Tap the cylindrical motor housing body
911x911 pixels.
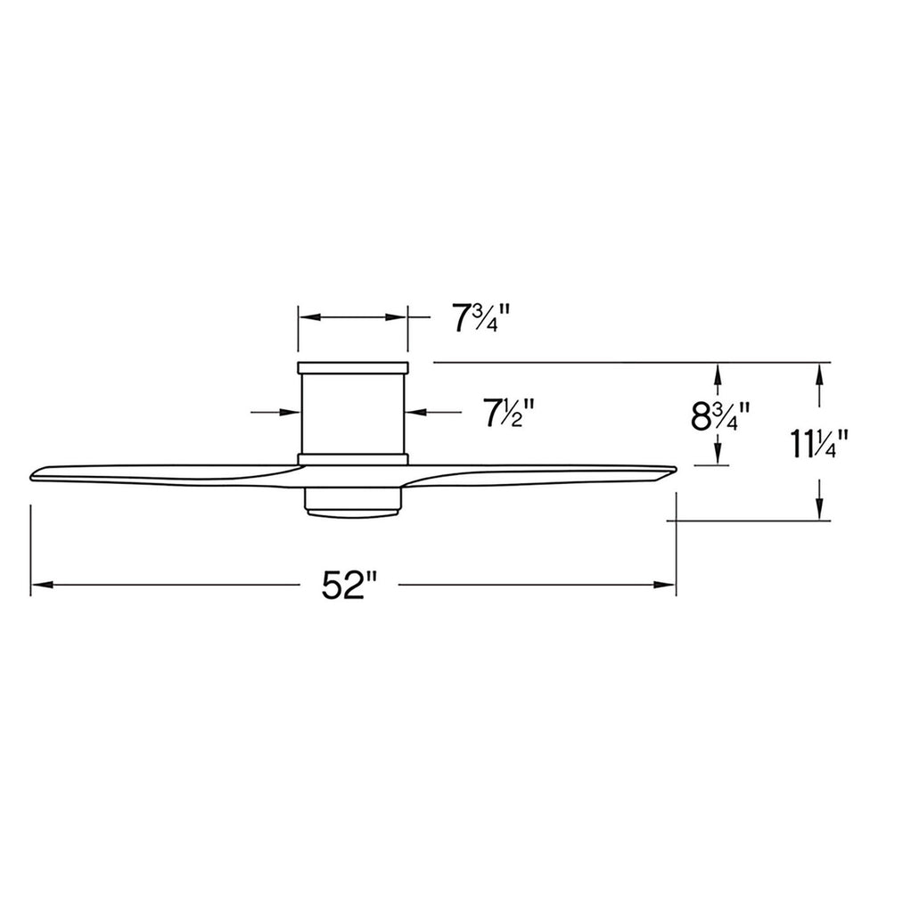point(353,412)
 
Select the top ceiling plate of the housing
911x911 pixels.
point(353,366)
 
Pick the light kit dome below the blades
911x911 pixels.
point(353,503)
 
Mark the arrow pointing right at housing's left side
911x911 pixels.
point(289,412)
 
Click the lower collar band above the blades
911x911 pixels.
point(353,459)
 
